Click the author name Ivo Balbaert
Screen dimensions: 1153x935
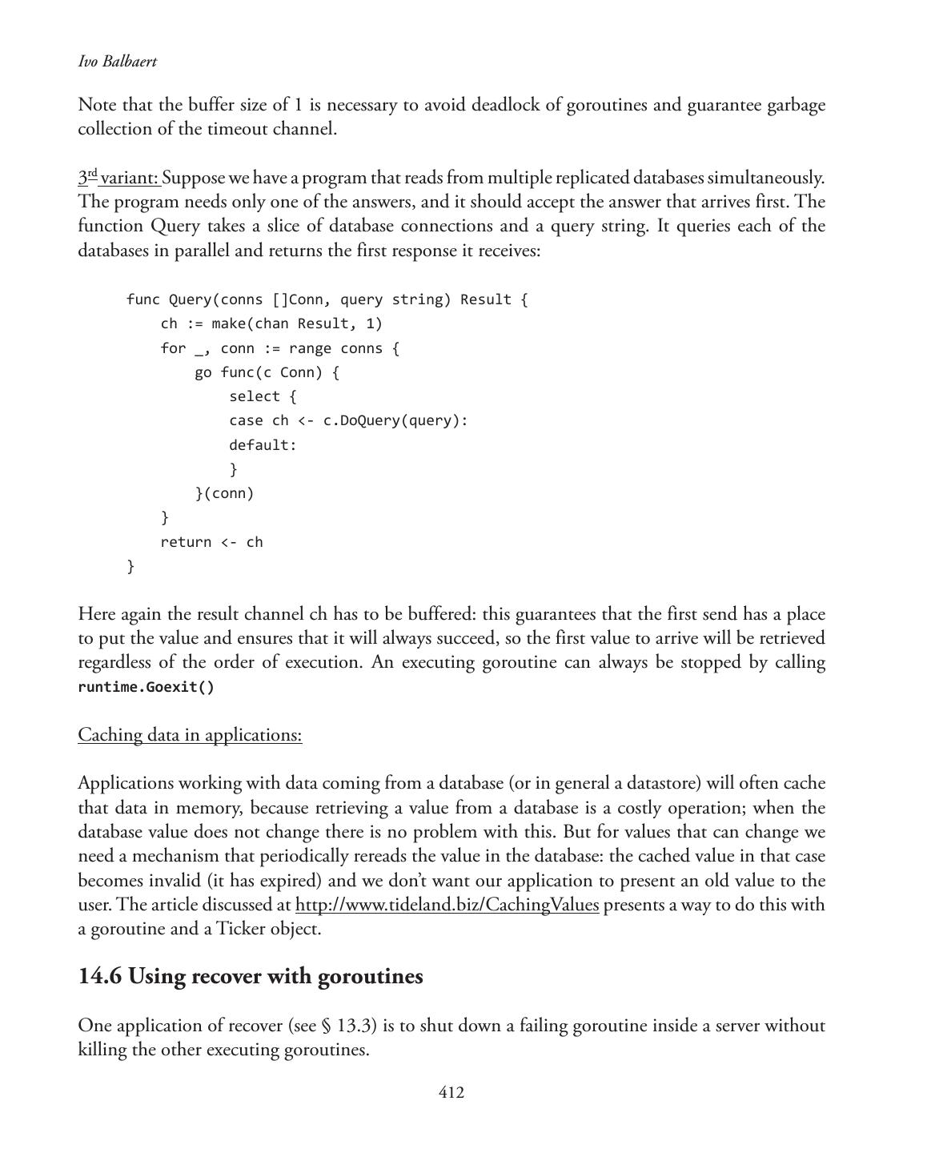pyautogui.click(x=117, y=62)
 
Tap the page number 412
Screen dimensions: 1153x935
pyautogui.click(x=451, y=1093)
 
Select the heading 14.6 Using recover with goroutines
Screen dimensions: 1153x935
pyautogui.click(x=251, y=977)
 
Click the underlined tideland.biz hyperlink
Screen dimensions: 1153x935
pyautogui.click(x=447, y=905)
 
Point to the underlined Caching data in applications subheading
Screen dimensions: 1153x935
pyautogui.click(x=190, y=735)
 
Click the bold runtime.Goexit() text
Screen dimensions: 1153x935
pyautogui.click(x=146, y=687)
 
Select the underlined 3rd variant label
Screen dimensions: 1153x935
pyautogui.click(x=119, y=177)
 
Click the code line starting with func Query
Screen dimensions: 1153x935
pyautogui.click(x=327, y=299)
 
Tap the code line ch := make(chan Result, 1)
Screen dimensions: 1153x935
pyautogui.click(x=271, y=323)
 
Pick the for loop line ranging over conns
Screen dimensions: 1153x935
pyautogui.click(x=279, y=348)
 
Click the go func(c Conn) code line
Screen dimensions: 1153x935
pyautogui.click(x=267, y=372)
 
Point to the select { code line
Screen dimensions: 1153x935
pyautogui.click(x=263, y=396)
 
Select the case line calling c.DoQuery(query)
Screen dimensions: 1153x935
pyautogui.click(x=348, y=420)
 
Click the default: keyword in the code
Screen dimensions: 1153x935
pyautogui.click(x=263, y=445)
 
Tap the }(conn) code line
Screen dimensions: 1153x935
pyautogui.click(x=224, y=493)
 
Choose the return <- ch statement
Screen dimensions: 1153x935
pyautogui.click(x=211, y=542)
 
